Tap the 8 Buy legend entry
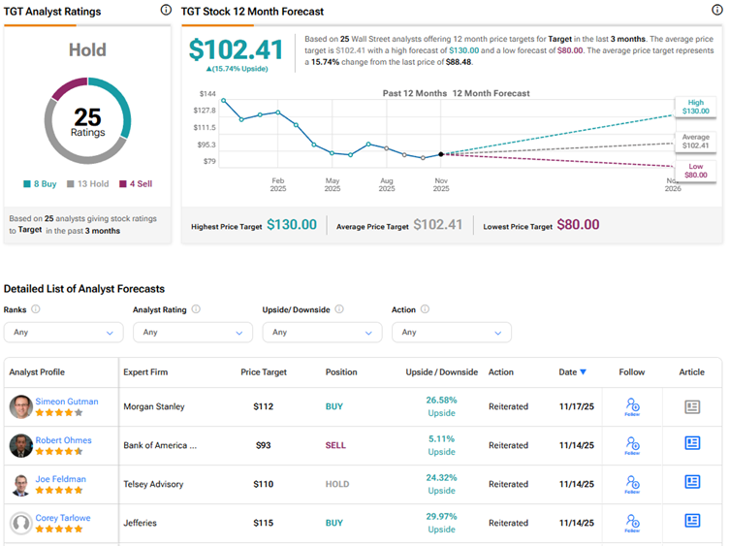(x=43, y=183)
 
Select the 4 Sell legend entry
(x=136, y=183)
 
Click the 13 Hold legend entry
(x=88, y=183)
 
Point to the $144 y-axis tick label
(x=207, y=94)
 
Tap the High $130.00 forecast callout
(x=695, y=106)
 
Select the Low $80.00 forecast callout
(x=695, y=171)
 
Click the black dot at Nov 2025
(x=441, y=154)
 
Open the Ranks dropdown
(x=63, y=332)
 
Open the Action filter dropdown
(x=452, y=332)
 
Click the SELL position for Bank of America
(x=335, y=445)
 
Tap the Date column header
(x=572, y=372)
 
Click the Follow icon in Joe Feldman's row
(x=632, y=482)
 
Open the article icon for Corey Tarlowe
(x=692, y=521)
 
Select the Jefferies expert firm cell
(x=143, y=523)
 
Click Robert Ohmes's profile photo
(x=20, y=445)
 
